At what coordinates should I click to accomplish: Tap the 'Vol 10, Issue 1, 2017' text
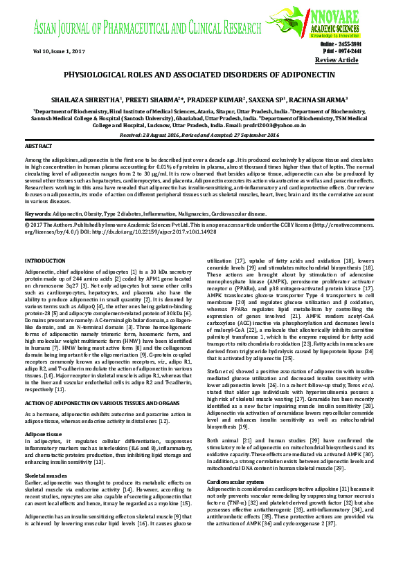pyautogui.click(x=59, y=52)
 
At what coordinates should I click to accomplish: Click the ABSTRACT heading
pyautogui.click(x=39, y=147)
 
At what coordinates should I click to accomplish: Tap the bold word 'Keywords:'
pyautogui.click(x=37, y=214)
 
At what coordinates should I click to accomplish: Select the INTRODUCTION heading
pyautogui.click(x=45, y=260)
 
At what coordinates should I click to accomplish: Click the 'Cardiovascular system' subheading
pyautogui.click(x=236, y=480)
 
